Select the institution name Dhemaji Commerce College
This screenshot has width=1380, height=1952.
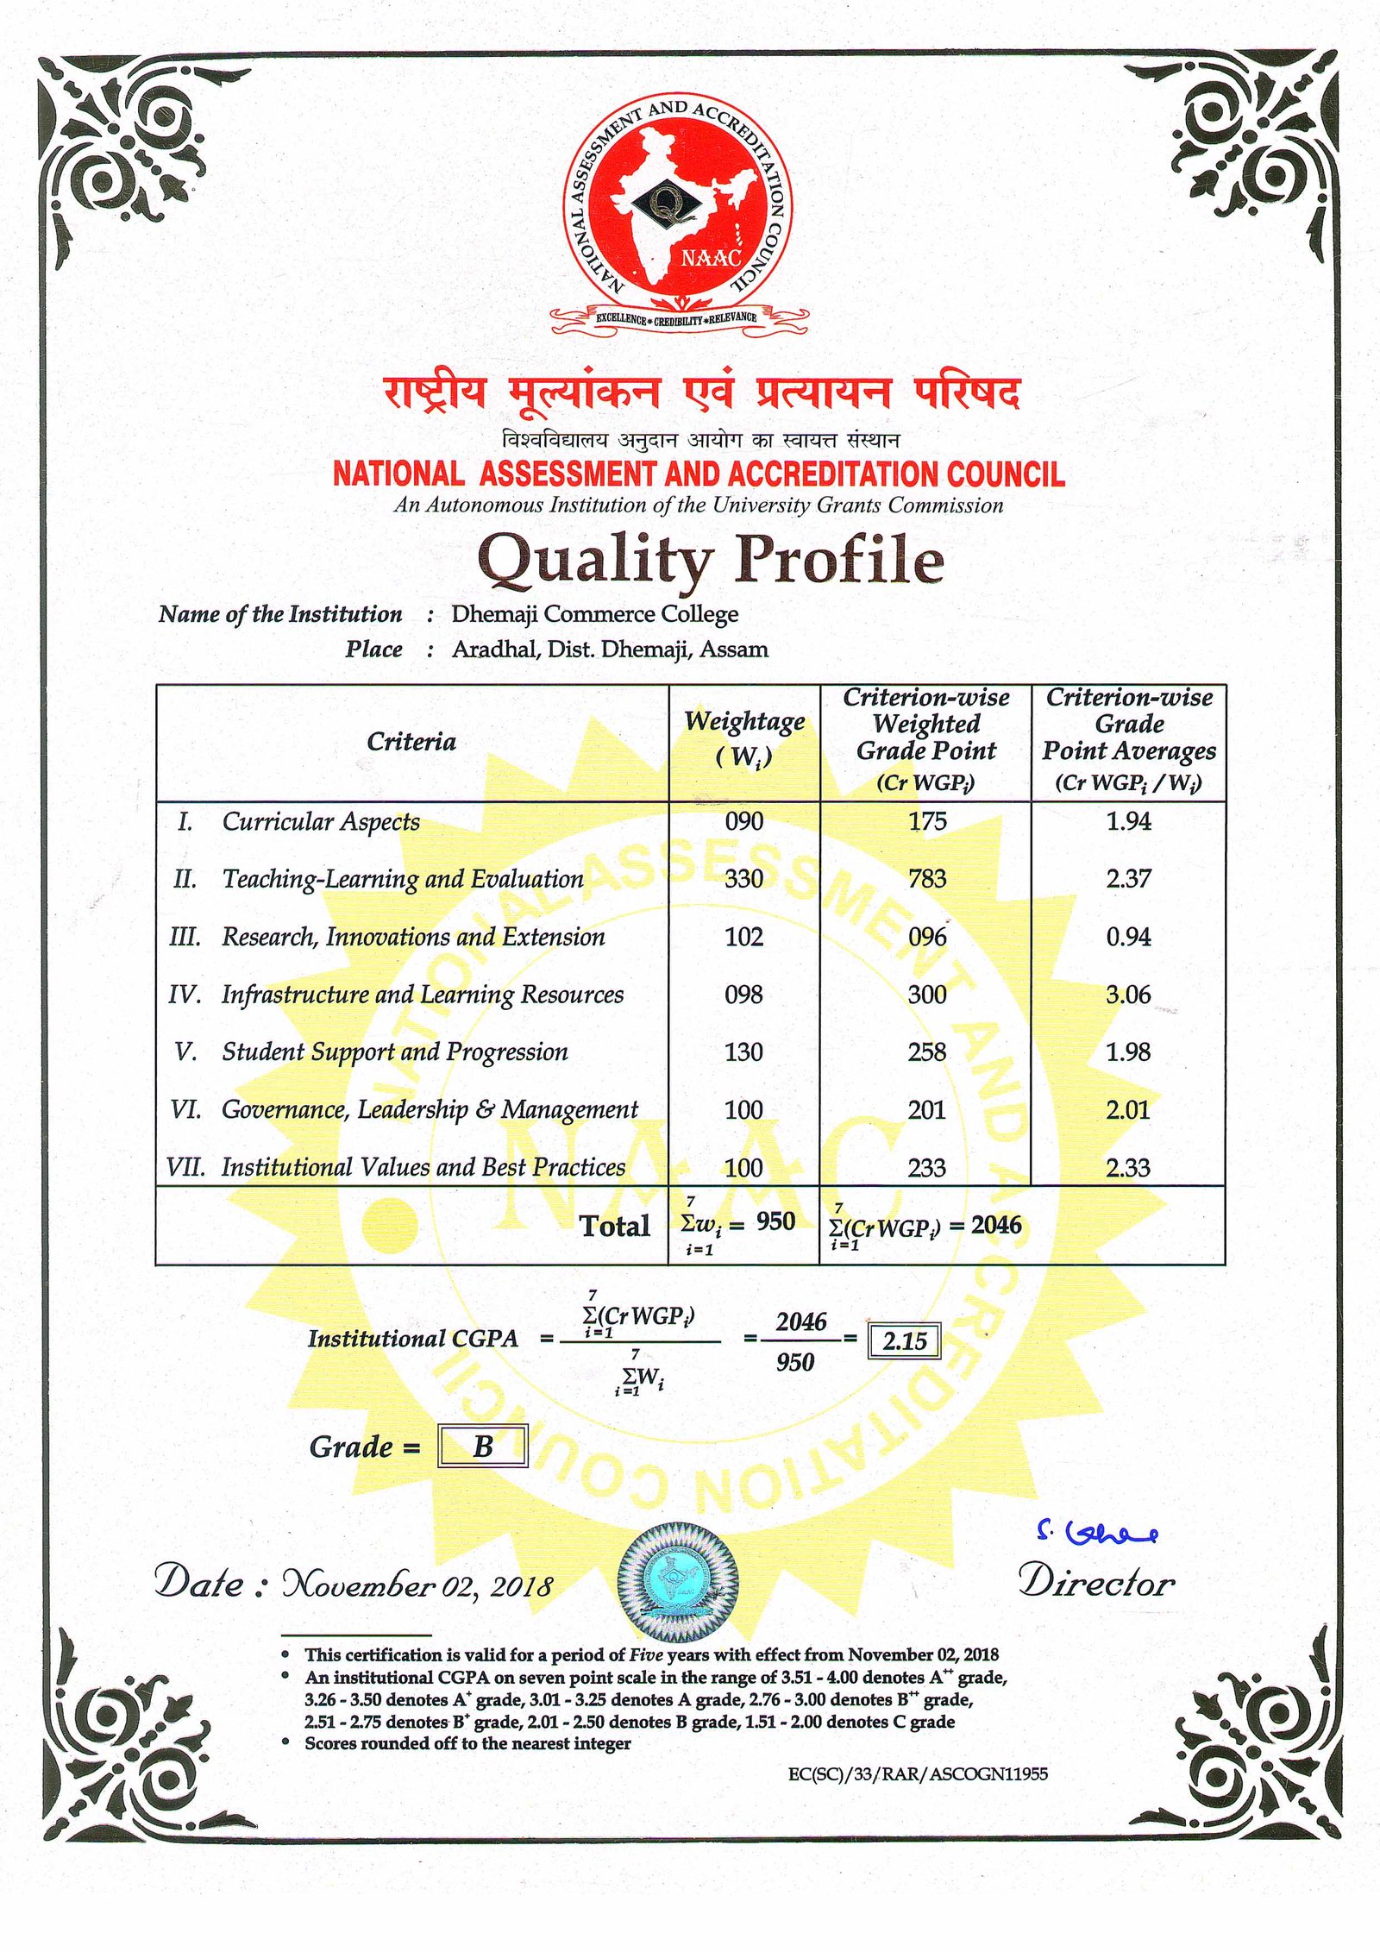594,614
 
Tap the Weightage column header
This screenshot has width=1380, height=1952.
743,738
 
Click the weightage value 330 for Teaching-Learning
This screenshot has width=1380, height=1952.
743,879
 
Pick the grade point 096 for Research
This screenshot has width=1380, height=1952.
927,937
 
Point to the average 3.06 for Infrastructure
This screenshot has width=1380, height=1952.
1128,995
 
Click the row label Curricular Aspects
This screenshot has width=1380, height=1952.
321,822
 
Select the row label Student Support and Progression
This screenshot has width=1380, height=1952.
395,1052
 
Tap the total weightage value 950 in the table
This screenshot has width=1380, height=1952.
775,1221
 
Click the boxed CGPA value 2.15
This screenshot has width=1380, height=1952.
904,1341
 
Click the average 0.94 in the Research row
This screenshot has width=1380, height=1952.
1128,937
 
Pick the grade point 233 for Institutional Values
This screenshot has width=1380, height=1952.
927,1168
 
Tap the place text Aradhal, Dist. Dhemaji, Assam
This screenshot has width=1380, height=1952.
610,650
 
